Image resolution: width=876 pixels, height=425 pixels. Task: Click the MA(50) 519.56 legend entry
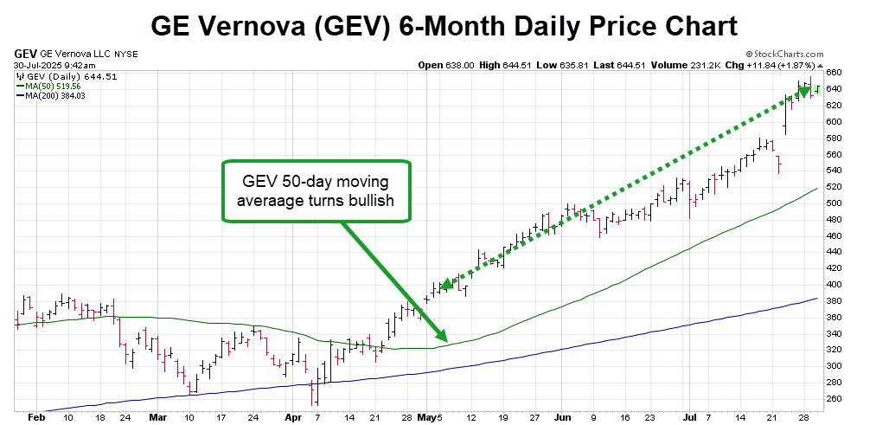coord(49,86)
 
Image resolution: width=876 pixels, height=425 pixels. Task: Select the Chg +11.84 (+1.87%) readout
coord(779,64)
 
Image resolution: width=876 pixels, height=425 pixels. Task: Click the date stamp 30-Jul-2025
coord(36,64)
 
